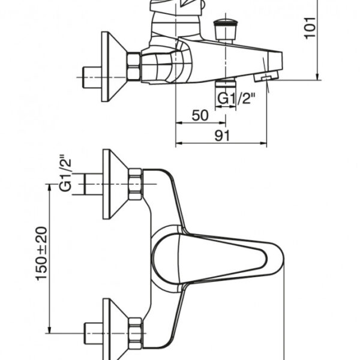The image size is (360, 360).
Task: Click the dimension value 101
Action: [310, 28]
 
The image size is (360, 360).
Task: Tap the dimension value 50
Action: [200, 115]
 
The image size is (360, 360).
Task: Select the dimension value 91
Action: [222, 136]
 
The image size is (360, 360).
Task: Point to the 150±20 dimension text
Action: [41, 253]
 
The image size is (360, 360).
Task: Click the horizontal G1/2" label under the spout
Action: [236, 98]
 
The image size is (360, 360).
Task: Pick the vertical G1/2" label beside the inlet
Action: [65, 173]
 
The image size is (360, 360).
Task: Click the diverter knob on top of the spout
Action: [226, 31]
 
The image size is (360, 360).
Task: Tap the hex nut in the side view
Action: [134, 67]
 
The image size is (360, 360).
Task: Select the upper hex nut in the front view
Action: [135, 184]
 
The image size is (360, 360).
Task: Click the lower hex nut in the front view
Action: [135, 334]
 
